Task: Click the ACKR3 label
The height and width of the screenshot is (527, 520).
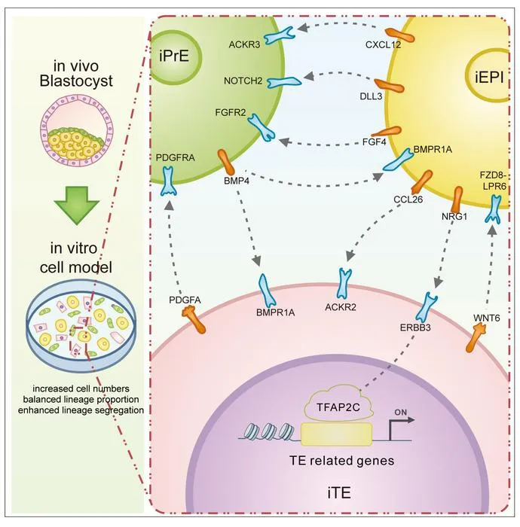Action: tap(244, 44)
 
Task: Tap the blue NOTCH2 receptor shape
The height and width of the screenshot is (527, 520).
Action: tap(284, 82)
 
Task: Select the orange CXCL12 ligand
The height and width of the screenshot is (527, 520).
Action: tap(399, 35)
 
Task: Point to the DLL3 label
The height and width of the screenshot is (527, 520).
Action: tap(371, 96)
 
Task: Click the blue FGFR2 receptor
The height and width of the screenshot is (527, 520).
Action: tap(262, 128)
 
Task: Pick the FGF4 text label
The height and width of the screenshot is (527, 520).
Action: tap(374, 142)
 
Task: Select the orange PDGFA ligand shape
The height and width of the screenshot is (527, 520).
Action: tap(194, 320)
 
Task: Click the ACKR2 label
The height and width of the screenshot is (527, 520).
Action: tap(341, 307)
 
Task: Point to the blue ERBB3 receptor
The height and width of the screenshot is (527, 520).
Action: tap(426, 306)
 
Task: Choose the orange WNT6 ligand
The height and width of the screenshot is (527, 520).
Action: tap(476, 337)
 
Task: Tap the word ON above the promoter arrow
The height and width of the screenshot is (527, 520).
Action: tap(401, 412)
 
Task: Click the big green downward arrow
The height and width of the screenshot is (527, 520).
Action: tap(77, 206)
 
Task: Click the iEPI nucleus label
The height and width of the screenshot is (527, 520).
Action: tap(489, 78)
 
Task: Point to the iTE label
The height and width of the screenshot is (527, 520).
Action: tap(339, 493)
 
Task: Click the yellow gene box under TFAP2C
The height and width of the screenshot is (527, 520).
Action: tap(336, 434)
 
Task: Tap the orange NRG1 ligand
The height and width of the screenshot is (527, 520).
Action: tap(457, 199)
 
